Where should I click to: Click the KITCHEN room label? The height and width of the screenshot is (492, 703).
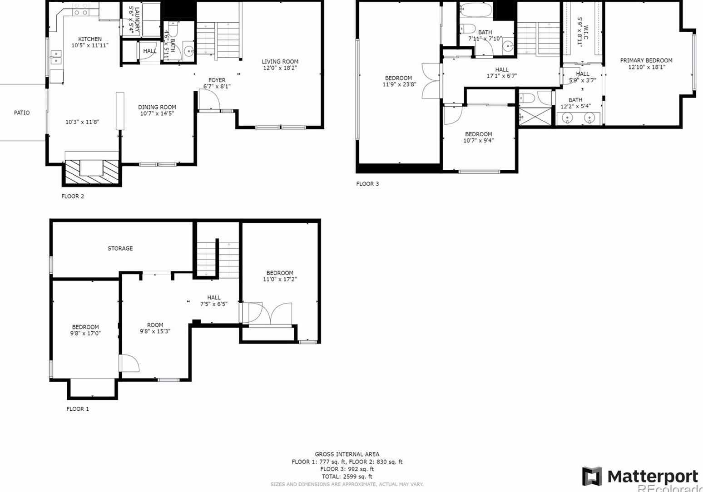pos(89,39)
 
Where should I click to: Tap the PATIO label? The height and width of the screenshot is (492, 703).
pos(22,113)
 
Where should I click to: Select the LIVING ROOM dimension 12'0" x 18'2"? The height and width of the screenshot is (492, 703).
pos(280,68)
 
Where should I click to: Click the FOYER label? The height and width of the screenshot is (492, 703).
pos(217,80)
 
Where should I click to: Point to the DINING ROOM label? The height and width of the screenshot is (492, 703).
pos(157,107)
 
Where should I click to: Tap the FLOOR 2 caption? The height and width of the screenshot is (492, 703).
pos(73,197)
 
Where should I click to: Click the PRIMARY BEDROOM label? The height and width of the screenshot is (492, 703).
pos(646,60)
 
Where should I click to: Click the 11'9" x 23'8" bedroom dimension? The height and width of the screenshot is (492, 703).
pos(399,84)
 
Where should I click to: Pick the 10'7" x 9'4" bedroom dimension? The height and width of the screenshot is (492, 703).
pos(478,141)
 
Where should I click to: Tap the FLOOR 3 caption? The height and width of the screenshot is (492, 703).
pos(367,184)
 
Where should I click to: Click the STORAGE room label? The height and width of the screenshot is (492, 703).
pos(120,248)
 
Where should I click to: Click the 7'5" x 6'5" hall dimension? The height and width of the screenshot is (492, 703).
pos(213,304)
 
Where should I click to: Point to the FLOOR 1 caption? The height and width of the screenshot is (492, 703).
pos(78,409)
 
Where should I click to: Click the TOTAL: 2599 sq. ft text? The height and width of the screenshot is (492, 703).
pos(347,477)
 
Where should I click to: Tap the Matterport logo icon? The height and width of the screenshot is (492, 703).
pos(592,477)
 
